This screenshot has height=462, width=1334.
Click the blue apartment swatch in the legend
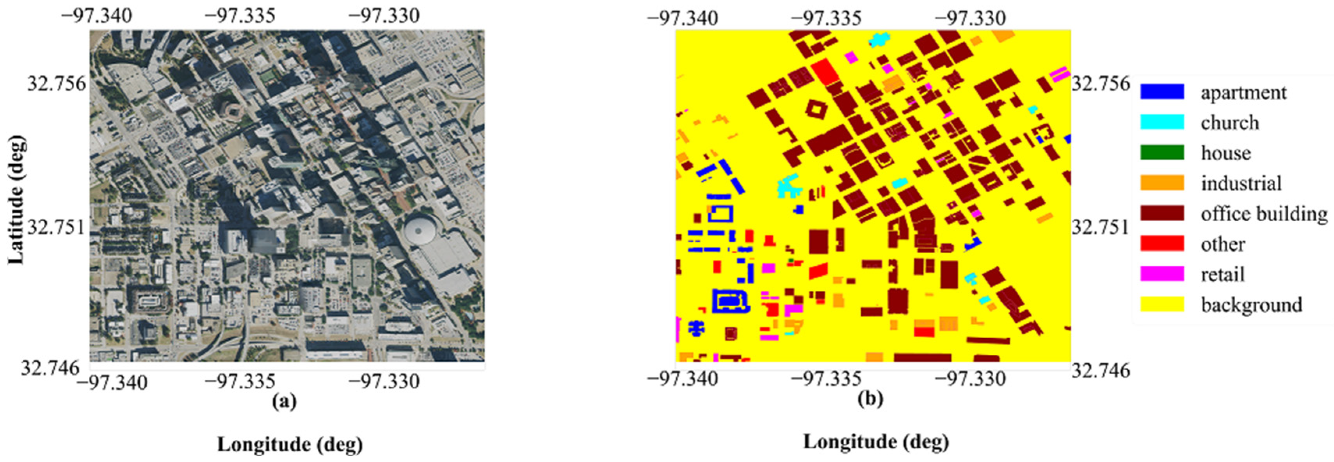1161,92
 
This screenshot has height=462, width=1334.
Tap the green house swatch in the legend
1161,152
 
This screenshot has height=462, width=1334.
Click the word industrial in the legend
1241,183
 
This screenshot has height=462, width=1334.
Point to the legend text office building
1264,213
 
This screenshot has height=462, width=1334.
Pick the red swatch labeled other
1161,243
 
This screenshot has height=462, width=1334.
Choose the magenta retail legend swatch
1161,274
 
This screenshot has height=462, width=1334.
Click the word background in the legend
1251,304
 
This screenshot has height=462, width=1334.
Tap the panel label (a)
284,401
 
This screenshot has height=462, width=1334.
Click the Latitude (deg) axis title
16,199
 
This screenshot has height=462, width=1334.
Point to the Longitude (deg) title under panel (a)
290,444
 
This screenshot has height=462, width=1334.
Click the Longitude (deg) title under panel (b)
876,442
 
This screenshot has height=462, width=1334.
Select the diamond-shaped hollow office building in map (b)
816,110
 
